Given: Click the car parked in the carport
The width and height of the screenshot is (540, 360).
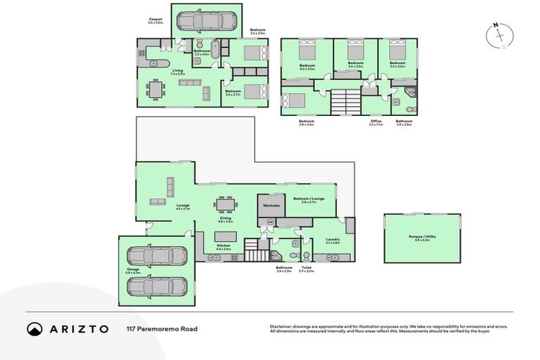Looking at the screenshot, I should click(207, 20).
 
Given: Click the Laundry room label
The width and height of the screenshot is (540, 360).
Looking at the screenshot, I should click(333, 240).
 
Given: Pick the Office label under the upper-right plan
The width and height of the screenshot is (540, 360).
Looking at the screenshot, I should click(375, 120).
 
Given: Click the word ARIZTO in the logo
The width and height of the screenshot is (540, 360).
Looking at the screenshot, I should click(78, 328).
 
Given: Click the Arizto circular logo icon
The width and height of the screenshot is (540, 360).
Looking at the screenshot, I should click(34, 328).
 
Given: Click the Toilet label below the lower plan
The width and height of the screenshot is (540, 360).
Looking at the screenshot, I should click(307, 267).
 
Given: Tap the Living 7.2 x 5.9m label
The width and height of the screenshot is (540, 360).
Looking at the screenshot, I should click(179, 72).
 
